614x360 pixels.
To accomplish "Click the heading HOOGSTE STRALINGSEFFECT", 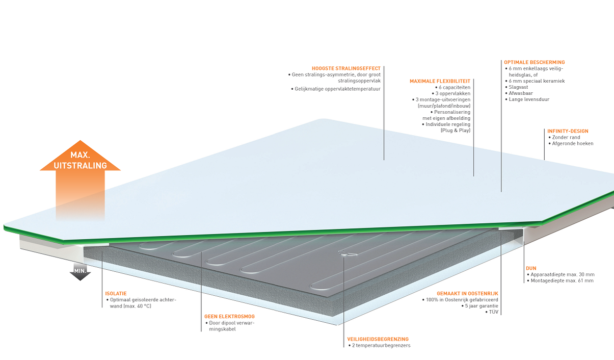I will click(x=346, y=68).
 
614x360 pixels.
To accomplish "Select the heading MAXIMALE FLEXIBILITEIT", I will click(x=440, y=81).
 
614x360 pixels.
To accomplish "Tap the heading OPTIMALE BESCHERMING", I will click(x=534, y=62).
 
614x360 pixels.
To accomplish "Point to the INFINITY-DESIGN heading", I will click(x=568, y=131).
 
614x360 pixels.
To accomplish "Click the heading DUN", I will click(x=531, y=268).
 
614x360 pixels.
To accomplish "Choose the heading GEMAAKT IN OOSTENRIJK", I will click(x=467, y=294).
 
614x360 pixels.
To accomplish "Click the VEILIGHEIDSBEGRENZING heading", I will click(x=378, y=339).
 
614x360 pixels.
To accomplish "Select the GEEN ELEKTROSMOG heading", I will click(x=229, y=317).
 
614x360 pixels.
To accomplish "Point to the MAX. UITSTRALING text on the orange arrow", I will click(x=80, y=160).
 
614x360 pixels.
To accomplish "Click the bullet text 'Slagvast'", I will click(x=518, y=87).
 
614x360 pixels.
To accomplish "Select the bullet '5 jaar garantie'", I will click(x=480, y=306).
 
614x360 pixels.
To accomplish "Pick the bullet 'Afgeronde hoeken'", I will click(x=573, y=144).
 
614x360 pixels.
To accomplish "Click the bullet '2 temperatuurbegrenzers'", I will click(x=381, y=346).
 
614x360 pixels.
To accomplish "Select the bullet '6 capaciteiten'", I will click(x=454, y=88).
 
